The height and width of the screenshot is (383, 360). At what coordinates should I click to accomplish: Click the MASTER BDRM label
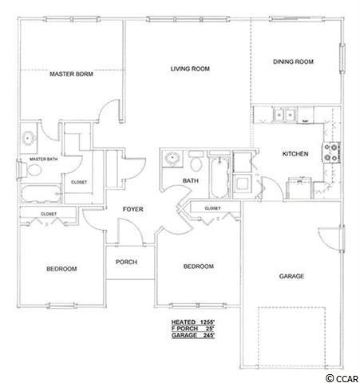click(71, 73)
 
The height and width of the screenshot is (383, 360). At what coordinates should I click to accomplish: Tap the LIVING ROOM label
click(190, 69)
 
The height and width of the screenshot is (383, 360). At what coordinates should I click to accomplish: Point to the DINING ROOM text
click(293, 61)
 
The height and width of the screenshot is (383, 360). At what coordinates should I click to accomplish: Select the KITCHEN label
click(295, 154)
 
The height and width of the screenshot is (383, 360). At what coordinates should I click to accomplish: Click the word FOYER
click(133, 209)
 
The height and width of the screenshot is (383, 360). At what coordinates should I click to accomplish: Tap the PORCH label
click(126, 262)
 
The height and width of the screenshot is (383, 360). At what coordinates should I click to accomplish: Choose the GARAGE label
click(291, 276)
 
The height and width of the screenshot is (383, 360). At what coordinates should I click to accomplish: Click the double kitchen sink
click(285, 115)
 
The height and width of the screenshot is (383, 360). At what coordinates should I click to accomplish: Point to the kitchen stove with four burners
click(331, 152)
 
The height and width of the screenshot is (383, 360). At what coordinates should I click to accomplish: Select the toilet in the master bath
click(33, 170)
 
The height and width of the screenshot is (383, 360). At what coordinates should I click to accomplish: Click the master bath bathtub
click(41, 194)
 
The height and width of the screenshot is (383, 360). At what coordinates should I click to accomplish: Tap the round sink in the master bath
click(28, 138)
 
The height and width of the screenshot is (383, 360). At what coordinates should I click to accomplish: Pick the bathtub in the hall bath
click(220, 177)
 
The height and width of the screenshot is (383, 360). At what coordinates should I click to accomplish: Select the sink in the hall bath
click(172, 158)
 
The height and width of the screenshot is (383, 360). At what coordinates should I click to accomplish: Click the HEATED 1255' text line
click(193, 322)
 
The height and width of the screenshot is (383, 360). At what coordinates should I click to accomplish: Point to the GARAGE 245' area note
click(193, 335)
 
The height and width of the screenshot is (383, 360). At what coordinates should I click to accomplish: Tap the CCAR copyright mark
click(342, 378)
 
